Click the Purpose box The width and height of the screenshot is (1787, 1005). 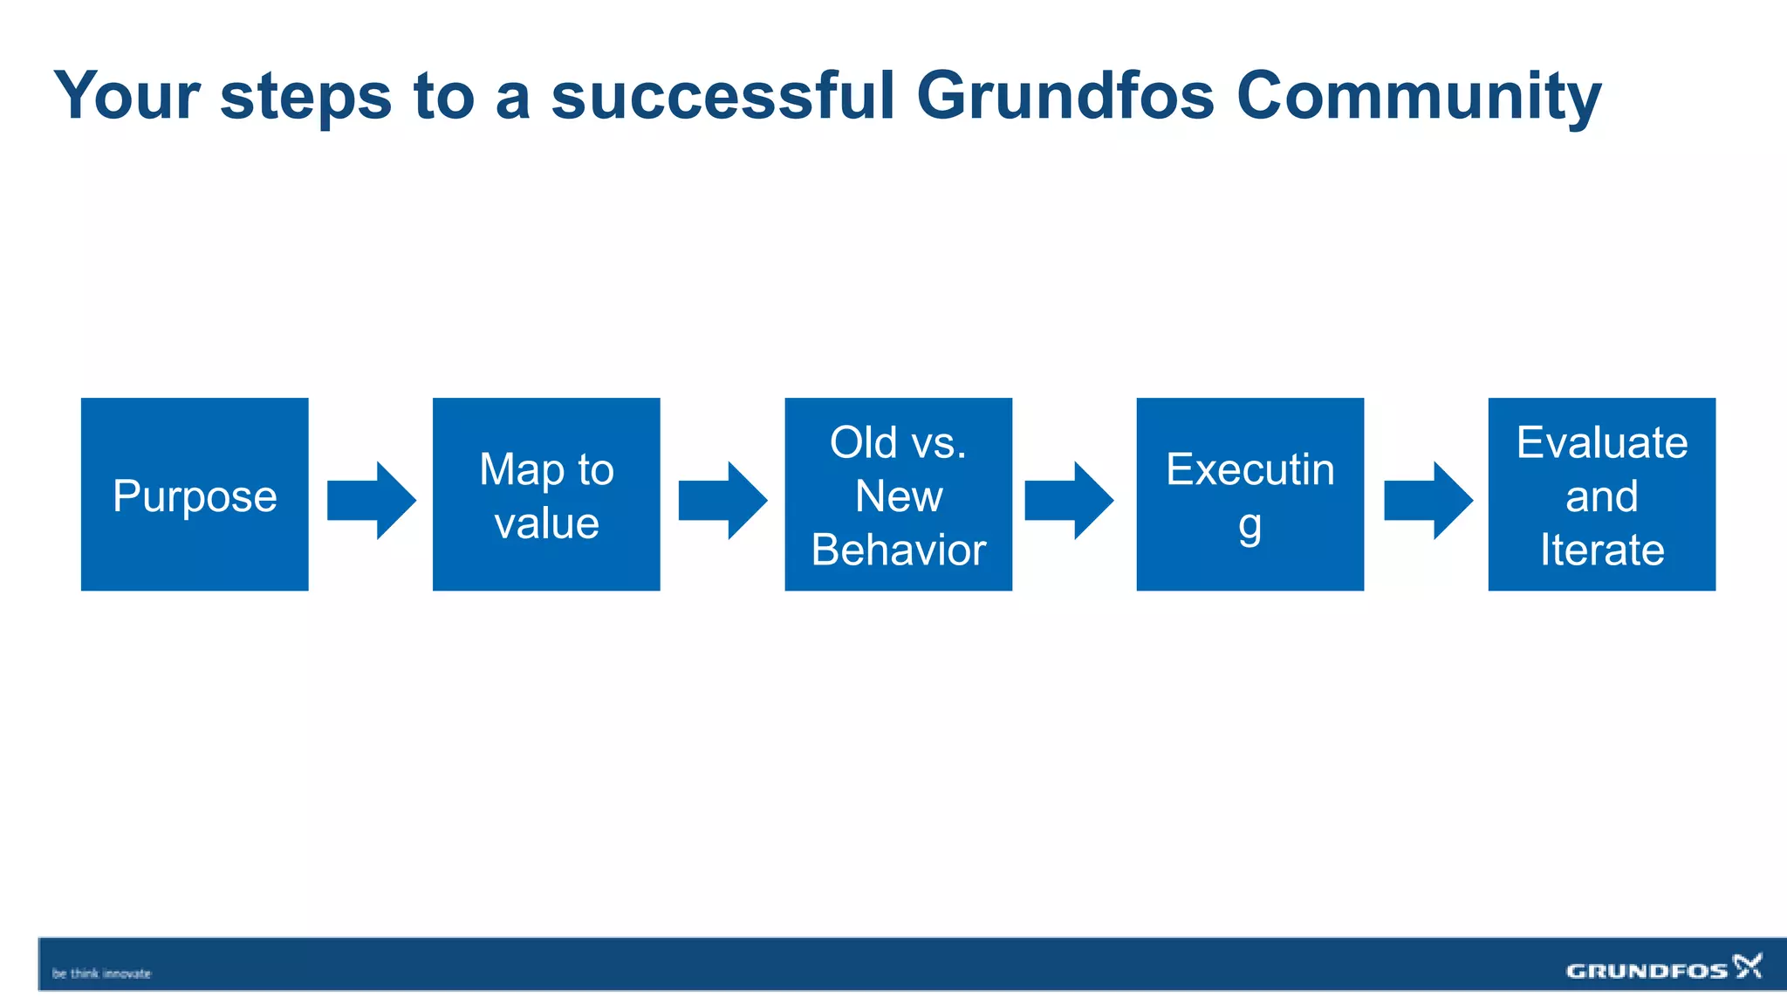[195, 495]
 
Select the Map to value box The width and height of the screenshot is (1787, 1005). [546, 495]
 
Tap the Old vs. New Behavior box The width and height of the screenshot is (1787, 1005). [898, 495]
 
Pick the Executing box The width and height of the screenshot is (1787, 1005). [1250, 495]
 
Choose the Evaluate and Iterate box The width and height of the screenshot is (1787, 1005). [1601, 495]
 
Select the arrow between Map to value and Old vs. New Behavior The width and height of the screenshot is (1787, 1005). [722, 501]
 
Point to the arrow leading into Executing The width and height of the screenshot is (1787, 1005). [1069, 501]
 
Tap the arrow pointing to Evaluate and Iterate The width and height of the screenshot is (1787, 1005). [1428, 501]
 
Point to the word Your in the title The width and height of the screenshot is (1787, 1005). [127, 96]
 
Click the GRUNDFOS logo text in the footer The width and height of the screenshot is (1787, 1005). [1647, 971]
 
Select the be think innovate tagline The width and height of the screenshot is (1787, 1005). [101, 974]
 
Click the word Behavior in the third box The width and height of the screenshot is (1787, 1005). [898, 550]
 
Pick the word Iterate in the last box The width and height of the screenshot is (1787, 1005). [1601, 550]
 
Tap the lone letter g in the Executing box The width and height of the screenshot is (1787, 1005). [1250, 526]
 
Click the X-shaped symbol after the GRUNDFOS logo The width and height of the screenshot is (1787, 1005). [1748, 966]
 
